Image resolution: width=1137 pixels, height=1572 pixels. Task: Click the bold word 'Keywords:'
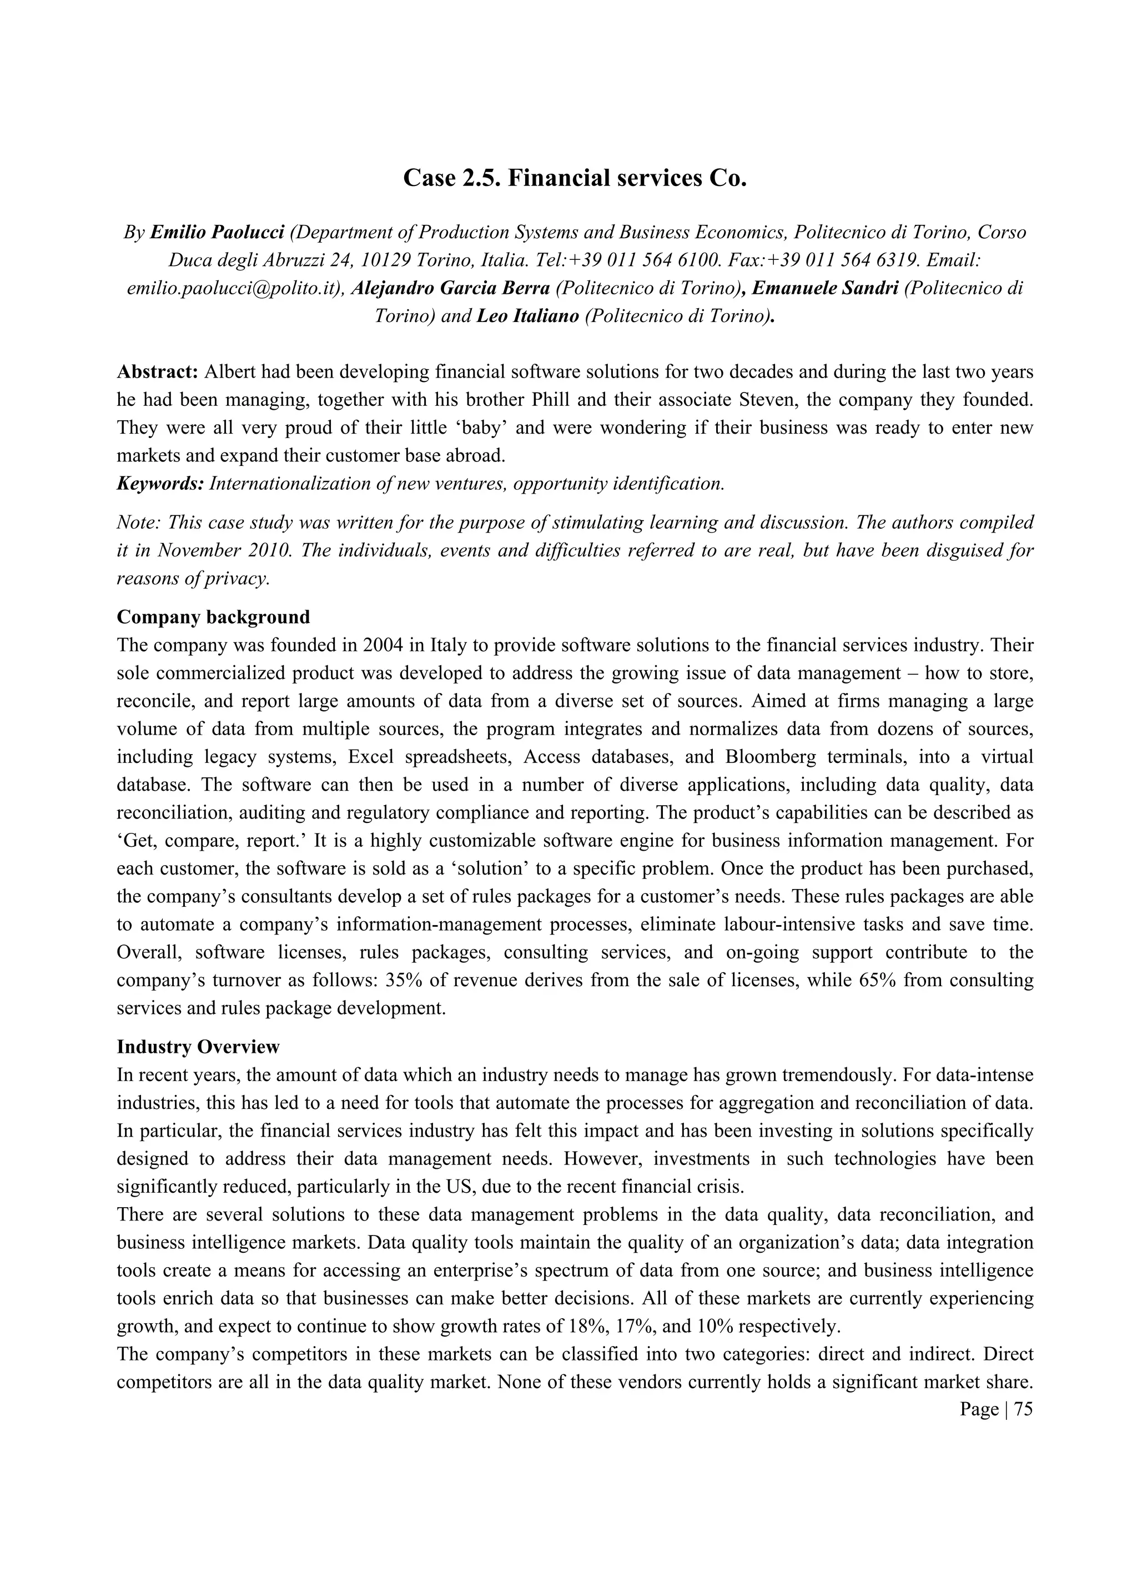160,484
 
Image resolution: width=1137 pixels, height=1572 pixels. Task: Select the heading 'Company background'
213,617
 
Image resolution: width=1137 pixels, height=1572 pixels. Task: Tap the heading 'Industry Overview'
198,1047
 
